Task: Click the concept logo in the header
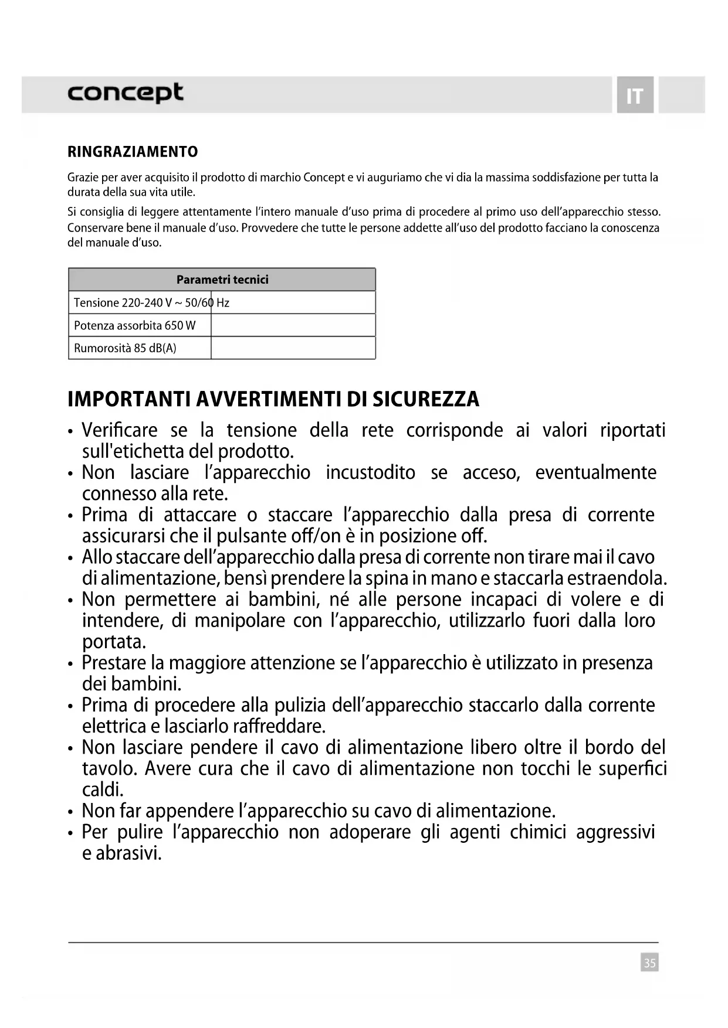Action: tap(125, 93)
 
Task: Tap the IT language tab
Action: tap(635, 96)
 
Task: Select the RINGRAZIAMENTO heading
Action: tap(133, 152)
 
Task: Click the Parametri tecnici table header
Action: tap(222, 280)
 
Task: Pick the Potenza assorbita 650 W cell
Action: tap(135, 325)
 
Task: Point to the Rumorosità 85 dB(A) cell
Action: tap(125, 348)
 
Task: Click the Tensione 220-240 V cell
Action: tap(141, 302)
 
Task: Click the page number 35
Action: tap(649, 962)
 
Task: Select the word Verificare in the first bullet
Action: tap(120, 430)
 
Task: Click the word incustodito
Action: tap(370, 472)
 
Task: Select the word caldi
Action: tap(103, 789)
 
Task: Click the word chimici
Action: tap(537, 832)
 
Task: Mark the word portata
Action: tap(114, 642)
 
